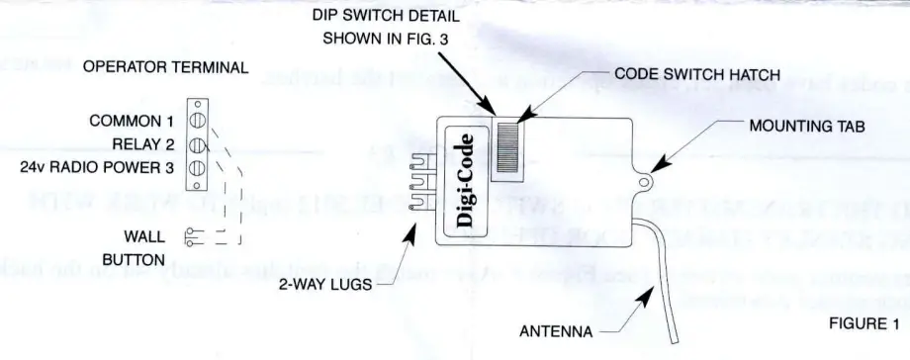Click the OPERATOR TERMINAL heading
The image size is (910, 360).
pyautogui.click(x=165, y=67)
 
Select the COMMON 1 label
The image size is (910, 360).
pyautogui.click(x=132, y=121)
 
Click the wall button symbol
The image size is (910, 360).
pyautogui.click(x=194, y=236)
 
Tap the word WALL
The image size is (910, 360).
pyautogui.click(x=144, y=236)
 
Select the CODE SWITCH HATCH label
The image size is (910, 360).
pyautogui.click(x=697, y=74)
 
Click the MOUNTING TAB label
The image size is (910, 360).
pyautogui.click(x=807, y=127)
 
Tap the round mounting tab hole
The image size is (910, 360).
pyautogui.click(x=648, y=181)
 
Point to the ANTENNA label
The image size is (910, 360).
pyautogui.click(x=556, y=331)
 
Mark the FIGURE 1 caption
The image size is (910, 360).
pyautogui.click(x=864, y=322)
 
